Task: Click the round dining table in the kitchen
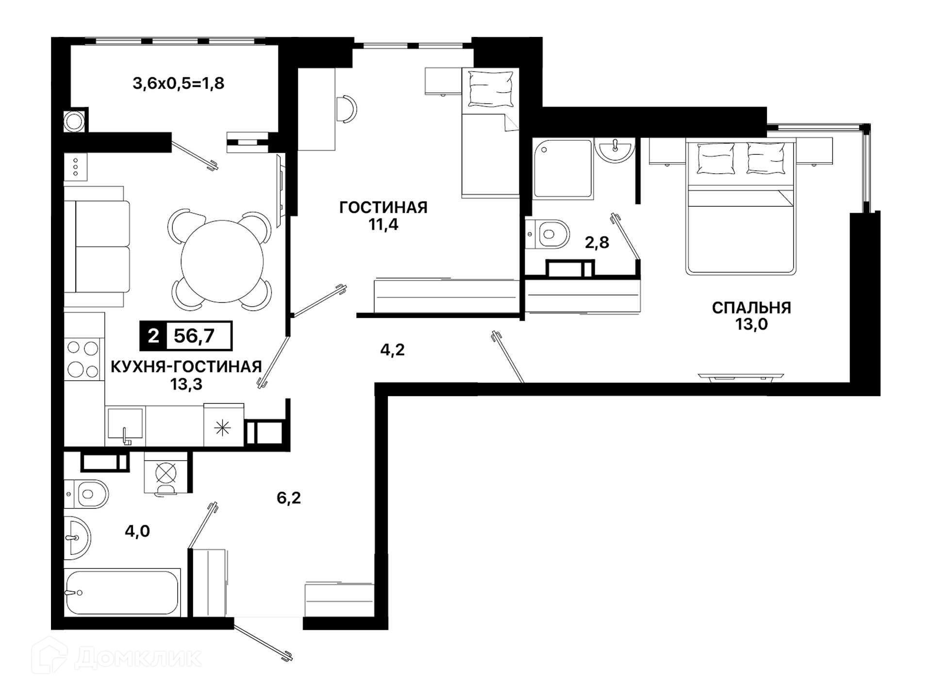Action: point(222,261)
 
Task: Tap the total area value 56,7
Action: point(194,336)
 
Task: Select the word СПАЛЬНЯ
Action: point(751,308)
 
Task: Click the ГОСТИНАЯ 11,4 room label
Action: point(383,216)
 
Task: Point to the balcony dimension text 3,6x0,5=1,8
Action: point(179,83)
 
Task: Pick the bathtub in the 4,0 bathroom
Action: point(122,593)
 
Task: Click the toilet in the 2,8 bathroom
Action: point(548,234)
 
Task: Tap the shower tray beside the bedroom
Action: point(563,168)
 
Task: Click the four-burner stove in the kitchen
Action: point(83,359)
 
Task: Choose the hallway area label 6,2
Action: point(289,498)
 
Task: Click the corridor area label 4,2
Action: point(392,349)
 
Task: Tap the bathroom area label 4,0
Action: point(137,531)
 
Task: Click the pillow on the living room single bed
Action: point(491,89)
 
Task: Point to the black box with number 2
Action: point(153,336)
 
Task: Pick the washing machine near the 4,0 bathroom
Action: point(166,474)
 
